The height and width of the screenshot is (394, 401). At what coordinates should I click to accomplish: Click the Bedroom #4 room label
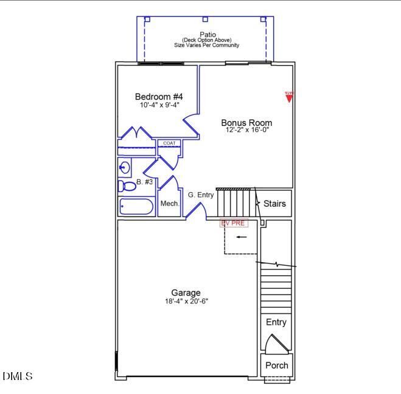(x=158, y=97)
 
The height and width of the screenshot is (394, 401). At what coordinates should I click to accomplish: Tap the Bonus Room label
(x=246, y=123)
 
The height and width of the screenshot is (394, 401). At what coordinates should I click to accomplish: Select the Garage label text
(x=186, y=292)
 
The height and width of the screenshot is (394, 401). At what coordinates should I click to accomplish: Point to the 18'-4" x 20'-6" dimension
(x=186, y=301)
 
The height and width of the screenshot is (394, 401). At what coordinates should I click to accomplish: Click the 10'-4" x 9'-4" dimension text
(x=158, y=105)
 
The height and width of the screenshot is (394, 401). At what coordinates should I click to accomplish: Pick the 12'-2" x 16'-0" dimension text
(x=246, y=130)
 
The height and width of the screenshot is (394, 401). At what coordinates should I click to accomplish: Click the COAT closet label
(x=169, y=143)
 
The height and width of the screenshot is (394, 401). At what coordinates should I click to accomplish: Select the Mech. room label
(x=169, y=204)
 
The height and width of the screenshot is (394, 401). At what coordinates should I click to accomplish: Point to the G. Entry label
(x=201, y=195)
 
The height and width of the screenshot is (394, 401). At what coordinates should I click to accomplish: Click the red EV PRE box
(x=234, y=223)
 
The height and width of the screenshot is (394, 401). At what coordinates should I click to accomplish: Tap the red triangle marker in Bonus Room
(x=289, y=97)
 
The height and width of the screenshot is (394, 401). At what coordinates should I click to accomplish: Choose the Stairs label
(x=274, y=204)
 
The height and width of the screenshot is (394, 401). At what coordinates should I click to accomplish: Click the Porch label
(x=276, y=365)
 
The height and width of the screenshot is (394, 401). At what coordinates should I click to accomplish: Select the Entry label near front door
(x=276, y=322)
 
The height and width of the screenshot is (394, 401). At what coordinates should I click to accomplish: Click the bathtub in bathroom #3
(x=136, y=207)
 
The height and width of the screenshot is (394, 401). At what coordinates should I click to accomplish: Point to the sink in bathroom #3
(x=125, y=167)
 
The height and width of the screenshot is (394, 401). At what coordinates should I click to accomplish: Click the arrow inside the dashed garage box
(x=242, y=237)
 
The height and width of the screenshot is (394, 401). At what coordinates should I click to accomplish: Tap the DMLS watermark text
(x=18, y=377)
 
